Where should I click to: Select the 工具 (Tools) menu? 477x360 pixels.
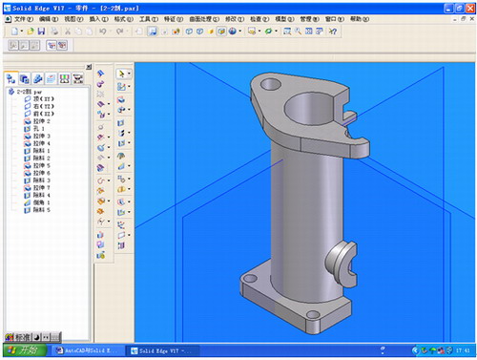click(x=146, y=18)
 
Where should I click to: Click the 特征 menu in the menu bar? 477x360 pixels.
click(x=172, y=18)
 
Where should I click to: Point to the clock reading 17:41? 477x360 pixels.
click(x=462, y=350)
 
